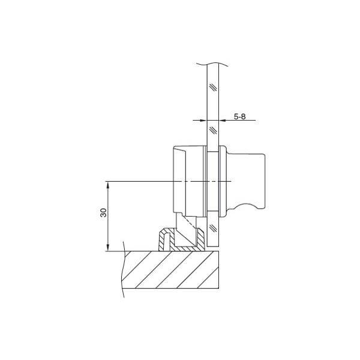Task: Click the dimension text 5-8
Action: pyautogui.click(x=239, y=116)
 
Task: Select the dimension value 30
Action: pyautogui.click(x=104, y=212)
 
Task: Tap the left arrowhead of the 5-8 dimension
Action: pyautogui.click(x=203, y=120)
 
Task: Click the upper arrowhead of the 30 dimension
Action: pyautogui.click(x=107, y=186)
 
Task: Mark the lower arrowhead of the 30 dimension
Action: pyautogui.click(x=107, y=247)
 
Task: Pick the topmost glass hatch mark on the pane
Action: pyautogui.click(x=213, y=88)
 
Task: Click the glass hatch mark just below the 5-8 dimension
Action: pyautogui.click(x=213, y=130)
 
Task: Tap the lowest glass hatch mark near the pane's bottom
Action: pyautogui.click(x=213, y=228)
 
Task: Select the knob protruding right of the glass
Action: pyautogui.click(x=245, y=181)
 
